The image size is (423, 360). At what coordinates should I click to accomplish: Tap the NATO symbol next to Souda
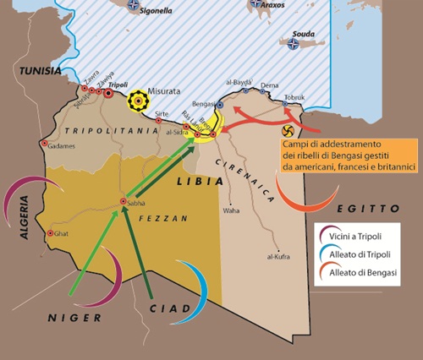(x=294, y=45)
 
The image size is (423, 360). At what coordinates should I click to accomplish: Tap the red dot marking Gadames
(x=44, y=144)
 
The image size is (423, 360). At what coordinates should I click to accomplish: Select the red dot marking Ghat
(x=51, y=232)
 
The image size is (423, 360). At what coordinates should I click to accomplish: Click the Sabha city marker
(x=124, y=201)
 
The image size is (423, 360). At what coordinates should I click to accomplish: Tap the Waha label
(x=231, y=212)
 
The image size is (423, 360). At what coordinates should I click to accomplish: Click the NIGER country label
(x=74, y=318)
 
